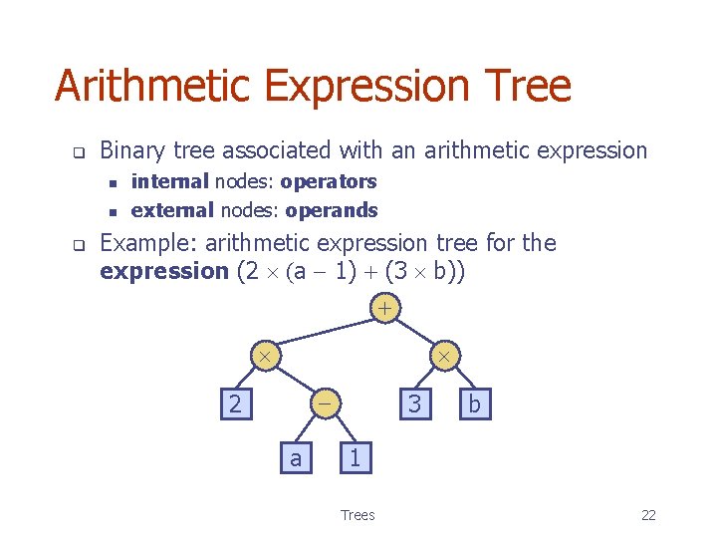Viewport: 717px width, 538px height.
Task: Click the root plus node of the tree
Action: [x=384, y=309]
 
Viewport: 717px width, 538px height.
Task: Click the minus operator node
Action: [x=325, y=403]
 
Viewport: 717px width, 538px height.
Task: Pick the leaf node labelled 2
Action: [x=234, y=404]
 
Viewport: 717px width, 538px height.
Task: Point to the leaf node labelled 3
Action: [x=415, y=404]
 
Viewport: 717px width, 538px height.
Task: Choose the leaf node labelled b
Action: [x=474, y=404]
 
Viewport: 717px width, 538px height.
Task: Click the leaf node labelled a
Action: [x=295, y=458]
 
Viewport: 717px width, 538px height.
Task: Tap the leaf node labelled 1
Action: [x=355, y=458]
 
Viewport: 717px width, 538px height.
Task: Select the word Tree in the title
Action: [x=530, y=87]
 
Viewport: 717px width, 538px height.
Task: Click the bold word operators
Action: [x=328, y=181]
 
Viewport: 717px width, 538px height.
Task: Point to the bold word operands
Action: [x=331, y=210]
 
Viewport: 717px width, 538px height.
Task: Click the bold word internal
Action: [x=169, y=181]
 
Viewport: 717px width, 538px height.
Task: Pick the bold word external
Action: [x=172, y=210]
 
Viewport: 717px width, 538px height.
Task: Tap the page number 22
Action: [x=648, y=515]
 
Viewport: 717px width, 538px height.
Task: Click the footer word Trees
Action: [x=358, y=515]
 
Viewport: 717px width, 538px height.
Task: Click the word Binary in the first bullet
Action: [x=134, y=150]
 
